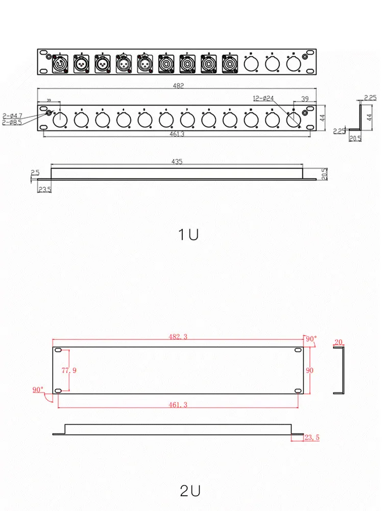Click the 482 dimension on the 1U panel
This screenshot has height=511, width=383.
coord(178,86)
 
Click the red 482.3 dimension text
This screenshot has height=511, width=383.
coord(178,337)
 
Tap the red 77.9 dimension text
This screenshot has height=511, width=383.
coord(69,370)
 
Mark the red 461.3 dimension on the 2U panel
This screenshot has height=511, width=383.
coord(178,404)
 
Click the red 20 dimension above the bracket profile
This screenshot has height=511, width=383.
coord(339,342)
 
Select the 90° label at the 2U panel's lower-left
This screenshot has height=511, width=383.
coord(38,390)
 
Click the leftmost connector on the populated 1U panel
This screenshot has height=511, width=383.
coord(60,63)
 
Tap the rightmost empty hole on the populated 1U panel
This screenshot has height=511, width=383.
coord(293,63)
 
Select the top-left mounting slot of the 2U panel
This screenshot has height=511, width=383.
coord(58,351)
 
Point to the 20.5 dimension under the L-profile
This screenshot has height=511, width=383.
coord(355,138)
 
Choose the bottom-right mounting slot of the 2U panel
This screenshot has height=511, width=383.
coord(297,391)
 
